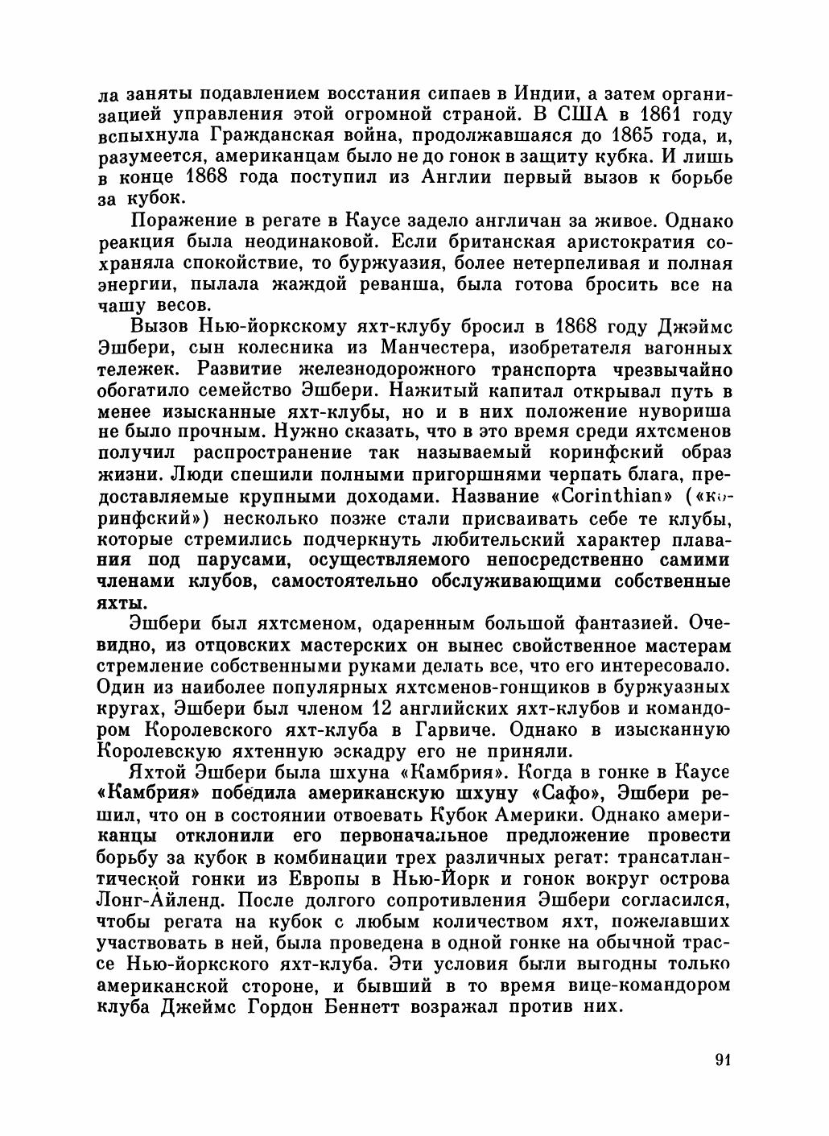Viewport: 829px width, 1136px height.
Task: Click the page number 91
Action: point(721,1060)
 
